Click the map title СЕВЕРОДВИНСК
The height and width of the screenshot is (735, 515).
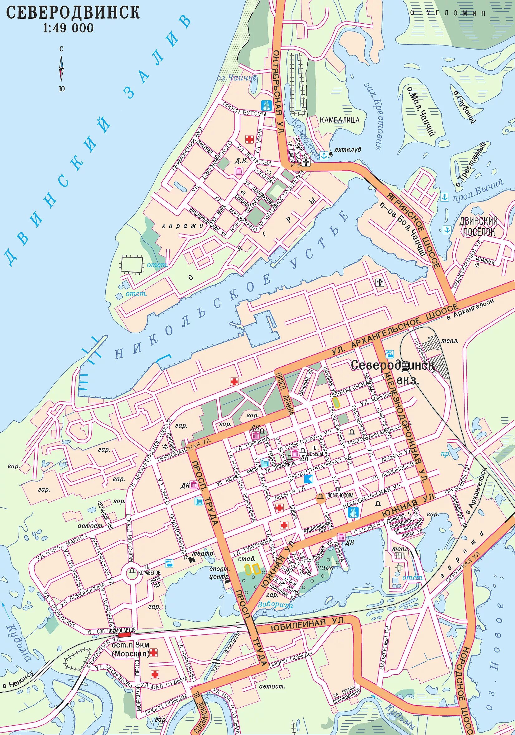[73, 12]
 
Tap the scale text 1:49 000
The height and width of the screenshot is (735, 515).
[68, 28]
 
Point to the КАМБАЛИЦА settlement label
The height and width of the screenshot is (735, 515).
[339, 120]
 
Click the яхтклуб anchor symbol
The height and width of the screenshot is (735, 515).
[324, 155]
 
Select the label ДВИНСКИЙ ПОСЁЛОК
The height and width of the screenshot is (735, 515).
[479, 226]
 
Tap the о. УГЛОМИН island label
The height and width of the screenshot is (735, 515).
[448, 13]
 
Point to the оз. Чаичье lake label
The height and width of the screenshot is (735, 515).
[237, 78]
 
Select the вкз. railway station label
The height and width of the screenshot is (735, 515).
[408, 381]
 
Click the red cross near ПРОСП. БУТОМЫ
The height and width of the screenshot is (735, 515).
[249, 139]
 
